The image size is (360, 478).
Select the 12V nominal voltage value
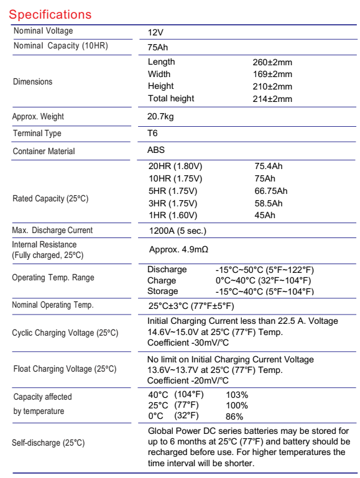(x=156, y=32)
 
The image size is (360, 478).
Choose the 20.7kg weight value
(x=162, y=117)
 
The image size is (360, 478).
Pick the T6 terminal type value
(x=153, y=133)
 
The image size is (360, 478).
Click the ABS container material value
(x=156, y=150)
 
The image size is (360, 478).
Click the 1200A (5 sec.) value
(x=177, y=231)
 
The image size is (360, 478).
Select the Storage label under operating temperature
(x=162, y=291)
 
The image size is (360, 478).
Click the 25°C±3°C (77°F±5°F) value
(x=199, y=306)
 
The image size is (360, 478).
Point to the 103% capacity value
(x=237, y=395)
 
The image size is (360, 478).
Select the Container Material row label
(x=44, y=150)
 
